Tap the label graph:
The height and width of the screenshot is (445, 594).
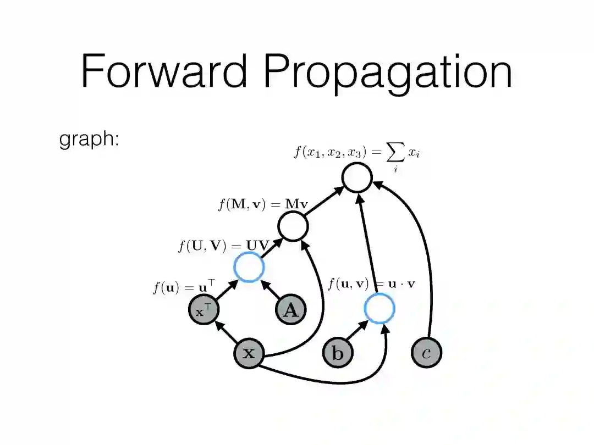(89, 140)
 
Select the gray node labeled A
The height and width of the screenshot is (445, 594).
(290, 310)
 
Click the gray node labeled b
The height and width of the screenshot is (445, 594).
(337, 353)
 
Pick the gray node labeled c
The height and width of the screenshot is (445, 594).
(426, 353)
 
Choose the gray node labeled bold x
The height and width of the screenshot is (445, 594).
(249, 353)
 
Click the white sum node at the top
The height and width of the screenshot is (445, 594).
(357, 177)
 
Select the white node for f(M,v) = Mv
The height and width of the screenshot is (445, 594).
(293, 226)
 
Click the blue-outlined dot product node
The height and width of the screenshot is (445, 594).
(380, 308)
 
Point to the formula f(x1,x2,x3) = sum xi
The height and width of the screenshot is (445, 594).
(356, 153)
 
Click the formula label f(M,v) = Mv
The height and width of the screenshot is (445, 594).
(263, 205)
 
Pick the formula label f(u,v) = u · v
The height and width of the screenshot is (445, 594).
(371, 284)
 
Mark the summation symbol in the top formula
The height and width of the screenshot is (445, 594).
(395, 155)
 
